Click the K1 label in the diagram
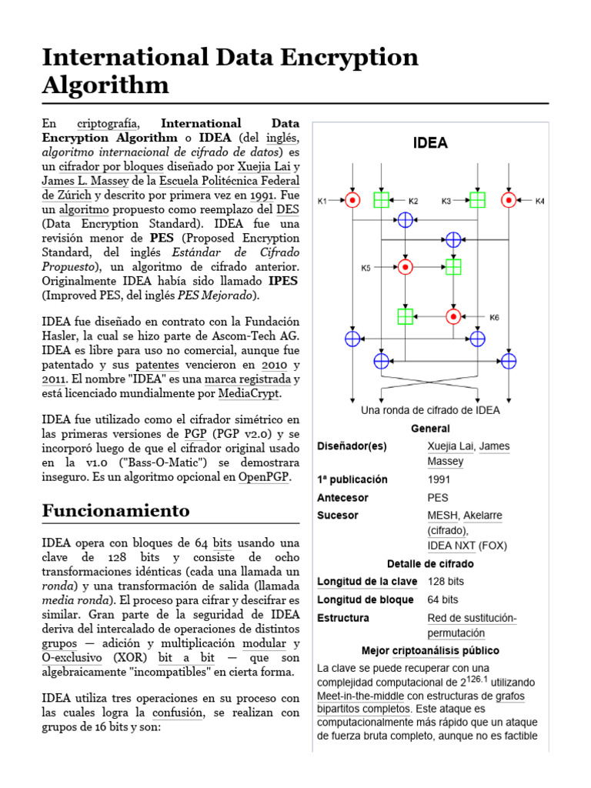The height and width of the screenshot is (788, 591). pos(322,202)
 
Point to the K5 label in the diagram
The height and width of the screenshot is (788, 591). pos(366,268)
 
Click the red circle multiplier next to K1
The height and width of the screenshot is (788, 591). pos(352,200)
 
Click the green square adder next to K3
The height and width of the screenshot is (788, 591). pos(478,200)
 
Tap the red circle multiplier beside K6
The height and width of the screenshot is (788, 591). pos(453,316)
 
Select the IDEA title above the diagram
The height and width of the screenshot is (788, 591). pos(430,143)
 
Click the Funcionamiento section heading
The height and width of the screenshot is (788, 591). pos(115,510)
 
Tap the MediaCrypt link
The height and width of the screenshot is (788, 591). pos(249,393)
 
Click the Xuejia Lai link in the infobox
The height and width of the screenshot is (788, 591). pos(450,446)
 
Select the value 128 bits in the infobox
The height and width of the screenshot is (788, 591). pos(446,582)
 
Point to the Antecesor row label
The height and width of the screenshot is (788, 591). pos(342,498)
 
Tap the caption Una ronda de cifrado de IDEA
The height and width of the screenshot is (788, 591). pos(430,410)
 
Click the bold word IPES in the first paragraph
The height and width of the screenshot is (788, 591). pos(283,281)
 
